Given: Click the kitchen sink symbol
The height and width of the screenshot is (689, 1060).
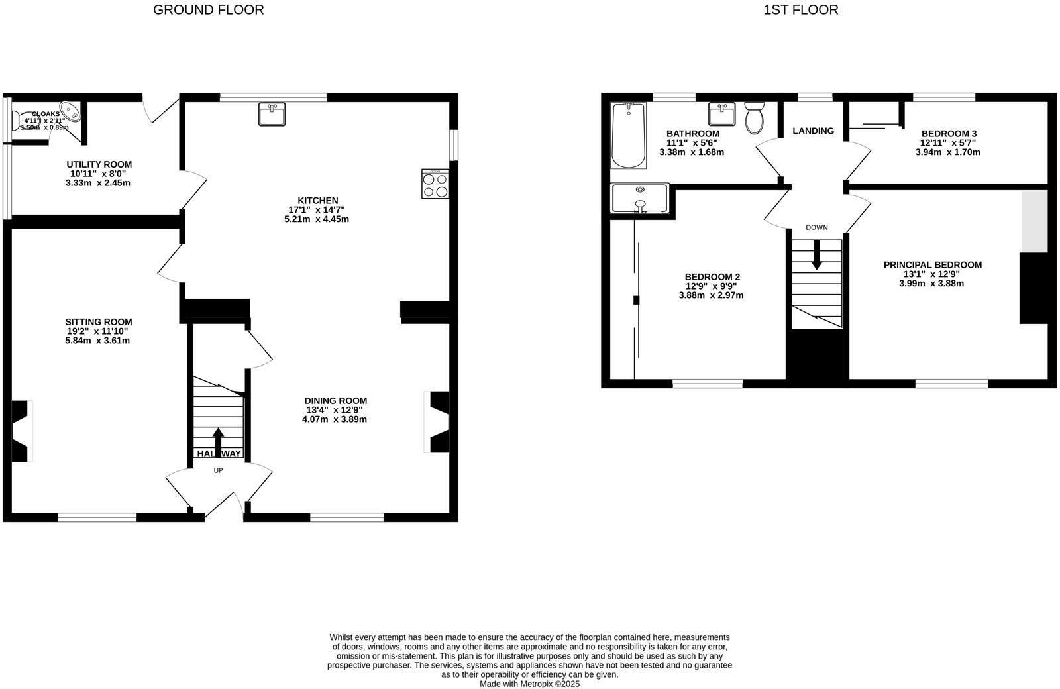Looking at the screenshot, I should click(x=272, y=115).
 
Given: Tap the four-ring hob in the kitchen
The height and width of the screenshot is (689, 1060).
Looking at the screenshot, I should click(x=435, y=184).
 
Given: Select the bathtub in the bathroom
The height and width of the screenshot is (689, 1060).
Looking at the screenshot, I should click(x=628, y=136).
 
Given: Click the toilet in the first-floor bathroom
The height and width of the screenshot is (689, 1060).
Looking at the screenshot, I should click(x=755, y=118).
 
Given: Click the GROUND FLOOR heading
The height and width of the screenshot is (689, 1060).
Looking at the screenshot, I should click(x=208, y=10).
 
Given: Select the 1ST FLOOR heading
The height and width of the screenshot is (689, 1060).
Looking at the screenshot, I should click(x=800, y=10).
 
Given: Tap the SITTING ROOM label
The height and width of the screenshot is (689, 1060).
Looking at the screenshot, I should click(x=99, y=322).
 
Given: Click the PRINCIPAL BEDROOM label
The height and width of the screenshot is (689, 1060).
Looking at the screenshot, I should click(x=932, y=265).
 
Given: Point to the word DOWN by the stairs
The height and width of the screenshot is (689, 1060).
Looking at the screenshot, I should click(x=816, y=227).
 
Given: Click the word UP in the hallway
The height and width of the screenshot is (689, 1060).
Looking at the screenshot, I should click(x=218, y=470).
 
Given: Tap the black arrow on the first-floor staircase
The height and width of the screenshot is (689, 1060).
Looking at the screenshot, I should click(x=816, y=256).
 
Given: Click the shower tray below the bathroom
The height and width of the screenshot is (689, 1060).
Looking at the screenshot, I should click(x=640, y=198).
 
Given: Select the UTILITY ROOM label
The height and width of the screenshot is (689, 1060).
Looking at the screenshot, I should click(x=99, y=164).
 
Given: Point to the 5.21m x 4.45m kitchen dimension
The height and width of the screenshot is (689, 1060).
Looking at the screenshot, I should click(x=317, y=219).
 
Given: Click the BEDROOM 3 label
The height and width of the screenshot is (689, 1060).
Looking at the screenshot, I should click(x=949, y=134).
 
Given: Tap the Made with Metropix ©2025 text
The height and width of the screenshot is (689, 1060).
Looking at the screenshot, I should click(x=529, y=684).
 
